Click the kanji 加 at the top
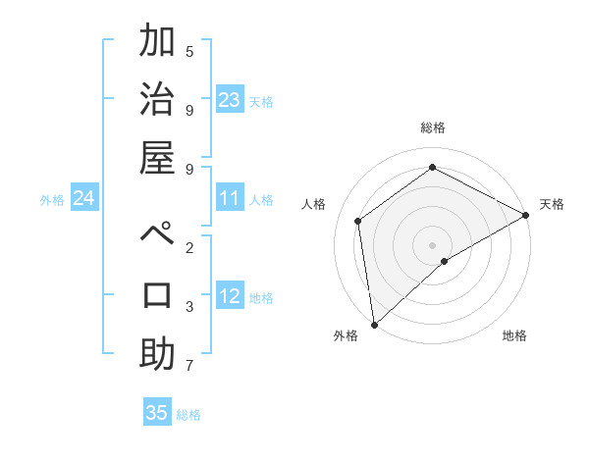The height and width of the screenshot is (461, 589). (157, 43)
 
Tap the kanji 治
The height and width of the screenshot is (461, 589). (157, 101)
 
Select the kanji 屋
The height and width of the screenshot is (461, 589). (157, 160)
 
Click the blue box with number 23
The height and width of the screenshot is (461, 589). (230, 100)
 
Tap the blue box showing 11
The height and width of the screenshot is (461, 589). (230, 199)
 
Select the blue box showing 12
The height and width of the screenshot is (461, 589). (230, 297)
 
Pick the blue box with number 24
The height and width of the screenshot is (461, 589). (84, 199)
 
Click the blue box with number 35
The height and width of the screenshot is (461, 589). (157, 413)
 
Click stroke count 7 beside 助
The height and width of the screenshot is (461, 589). (189, 366)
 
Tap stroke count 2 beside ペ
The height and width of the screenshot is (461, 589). (189, 247)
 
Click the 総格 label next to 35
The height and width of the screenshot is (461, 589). (188, 415)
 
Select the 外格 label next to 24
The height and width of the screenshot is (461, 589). (52, 200)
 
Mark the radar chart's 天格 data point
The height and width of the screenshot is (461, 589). (526, 215)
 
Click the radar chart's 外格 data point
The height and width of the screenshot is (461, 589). (374, 324)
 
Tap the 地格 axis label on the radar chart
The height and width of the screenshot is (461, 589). (514, 335)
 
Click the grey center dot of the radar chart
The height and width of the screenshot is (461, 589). (432, 244)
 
